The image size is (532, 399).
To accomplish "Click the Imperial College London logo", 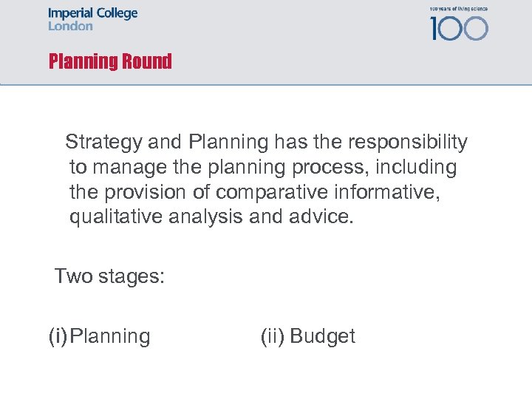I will [92, 19].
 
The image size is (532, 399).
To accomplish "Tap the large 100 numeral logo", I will [459, 28].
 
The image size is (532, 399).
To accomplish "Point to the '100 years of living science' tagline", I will [458, 9].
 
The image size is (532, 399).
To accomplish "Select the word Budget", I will [322, 337].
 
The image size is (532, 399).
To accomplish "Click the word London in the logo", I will [70, 27].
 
